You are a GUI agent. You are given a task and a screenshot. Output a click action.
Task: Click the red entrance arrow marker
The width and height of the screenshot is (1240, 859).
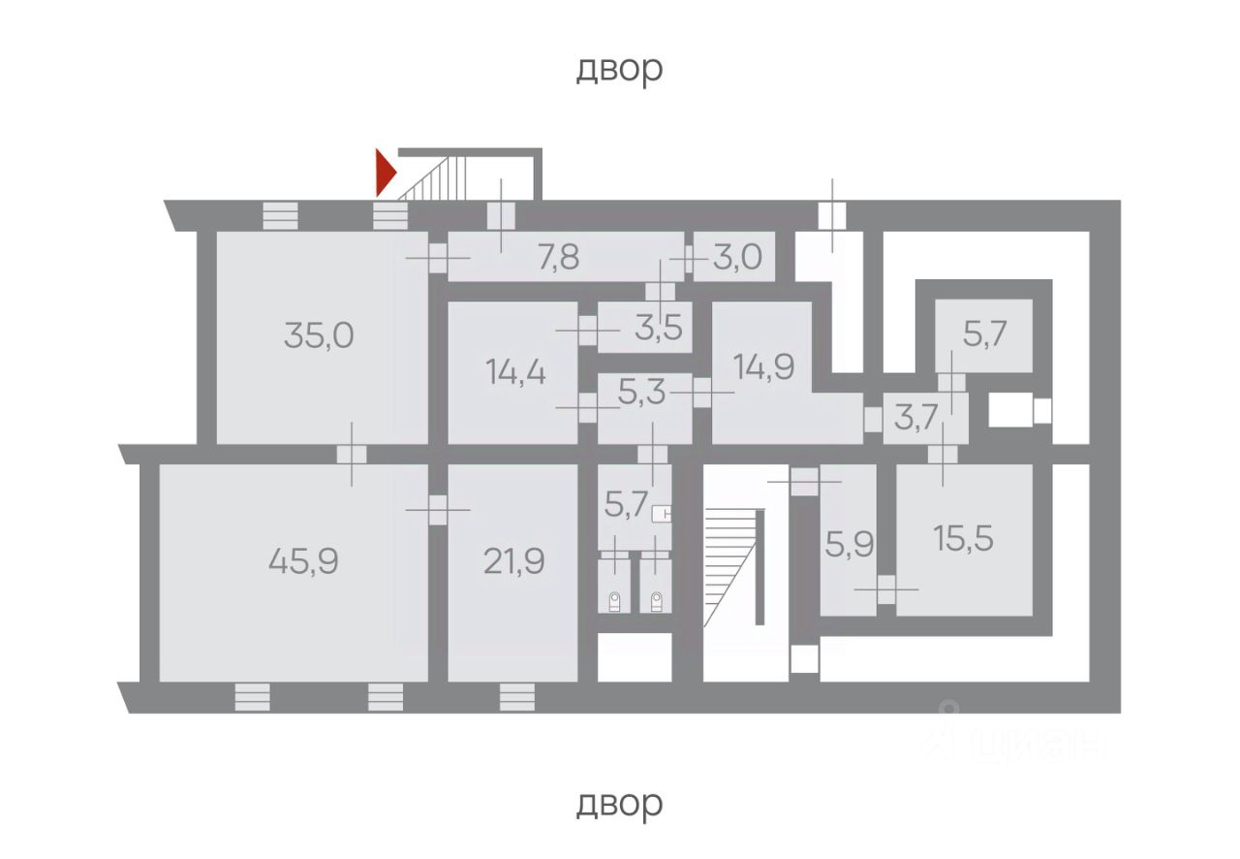(x=386, y=173)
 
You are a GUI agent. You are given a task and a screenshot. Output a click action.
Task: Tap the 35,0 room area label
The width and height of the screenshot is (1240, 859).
(x=319, y=335)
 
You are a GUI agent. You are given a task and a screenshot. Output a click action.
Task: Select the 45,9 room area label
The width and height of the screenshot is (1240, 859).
(x=303, y=560)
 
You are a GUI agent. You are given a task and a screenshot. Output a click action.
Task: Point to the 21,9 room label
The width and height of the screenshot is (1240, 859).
(x=512, y=560)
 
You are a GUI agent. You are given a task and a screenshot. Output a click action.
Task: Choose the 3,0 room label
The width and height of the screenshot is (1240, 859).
(x=738, y=258)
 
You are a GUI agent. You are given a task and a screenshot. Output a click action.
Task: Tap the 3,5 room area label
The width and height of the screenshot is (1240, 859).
(x=660, y=327)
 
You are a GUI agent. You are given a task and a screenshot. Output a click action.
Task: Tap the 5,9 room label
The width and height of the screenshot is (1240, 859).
(x=850, y=542)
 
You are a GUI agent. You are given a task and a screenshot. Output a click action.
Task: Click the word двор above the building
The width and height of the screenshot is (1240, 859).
(x=619, y=69)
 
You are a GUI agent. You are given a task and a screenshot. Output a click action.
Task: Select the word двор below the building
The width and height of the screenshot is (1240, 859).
(x=619, y=804)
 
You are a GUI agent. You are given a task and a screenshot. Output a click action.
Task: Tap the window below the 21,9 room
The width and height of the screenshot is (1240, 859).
(x=516, y=697)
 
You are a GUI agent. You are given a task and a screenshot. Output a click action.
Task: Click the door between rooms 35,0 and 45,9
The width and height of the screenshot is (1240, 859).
(x=352, y=454)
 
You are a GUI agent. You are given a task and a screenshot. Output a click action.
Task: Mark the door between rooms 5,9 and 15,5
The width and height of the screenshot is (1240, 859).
(x=885, y=589)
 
